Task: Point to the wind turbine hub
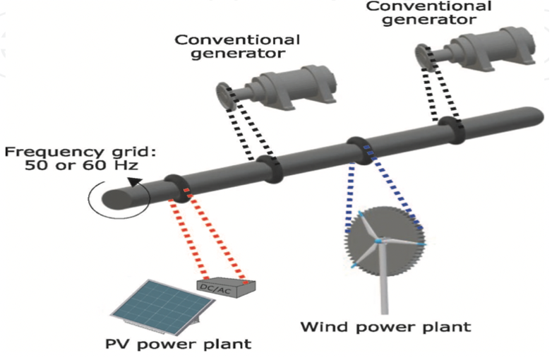[x=379, y=241]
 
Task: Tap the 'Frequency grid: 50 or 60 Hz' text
[x=71, y=159]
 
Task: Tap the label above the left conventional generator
[x=237, y=46]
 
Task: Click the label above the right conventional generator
[x=429, y=13]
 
